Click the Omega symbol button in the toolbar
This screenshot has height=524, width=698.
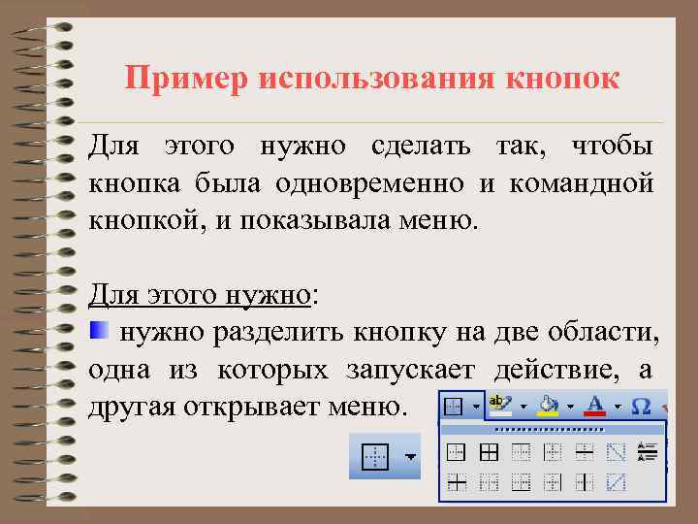click(641, 405)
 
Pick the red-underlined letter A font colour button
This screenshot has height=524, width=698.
click(594, 404)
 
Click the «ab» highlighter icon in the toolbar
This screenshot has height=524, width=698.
click(500, 404)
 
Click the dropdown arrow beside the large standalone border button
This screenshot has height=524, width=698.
click(410, 455)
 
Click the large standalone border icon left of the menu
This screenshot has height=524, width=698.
click(374, 455)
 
